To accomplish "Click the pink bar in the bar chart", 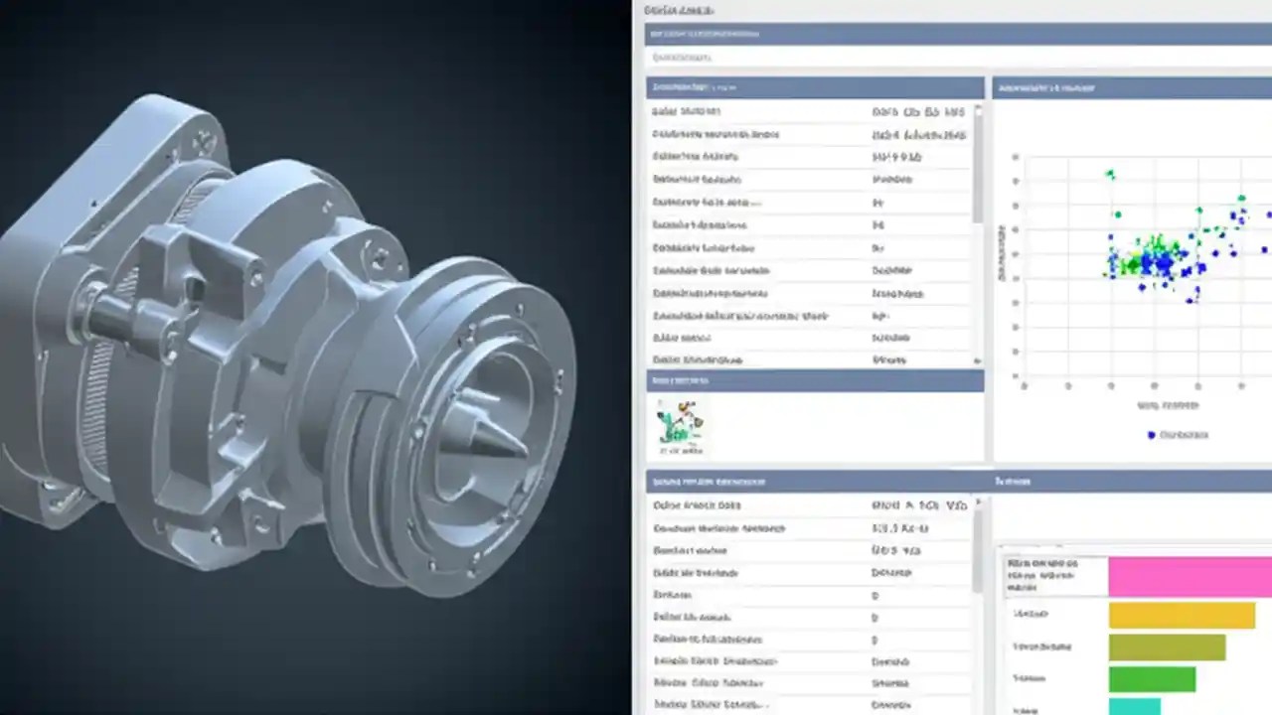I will coord(1190,576).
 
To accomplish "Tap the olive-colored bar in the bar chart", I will coord(1167,647).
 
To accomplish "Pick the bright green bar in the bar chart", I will coord(1152,679).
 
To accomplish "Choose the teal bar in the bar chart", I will coord(1134,706).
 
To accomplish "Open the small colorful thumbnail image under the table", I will coord(680,425).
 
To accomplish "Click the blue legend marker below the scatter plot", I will coord(1152,435).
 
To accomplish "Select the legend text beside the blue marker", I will coord(1184,435).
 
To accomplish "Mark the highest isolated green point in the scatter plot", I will coord(1110,175).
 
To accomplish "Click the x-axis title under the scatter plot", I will coord(1168,406).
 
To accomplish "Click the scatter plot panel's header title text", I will coord(1045,88).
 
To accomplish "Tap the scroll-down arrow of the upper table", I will coord(978,360).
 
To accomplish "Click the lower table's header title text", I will coord(709,482).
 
